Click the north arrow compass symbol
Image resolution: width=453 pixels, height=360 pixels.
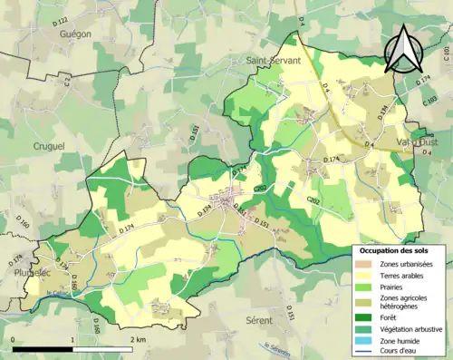point(404,49)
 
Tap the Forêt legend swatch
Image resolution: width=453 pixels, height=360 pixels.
point(367,317)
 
